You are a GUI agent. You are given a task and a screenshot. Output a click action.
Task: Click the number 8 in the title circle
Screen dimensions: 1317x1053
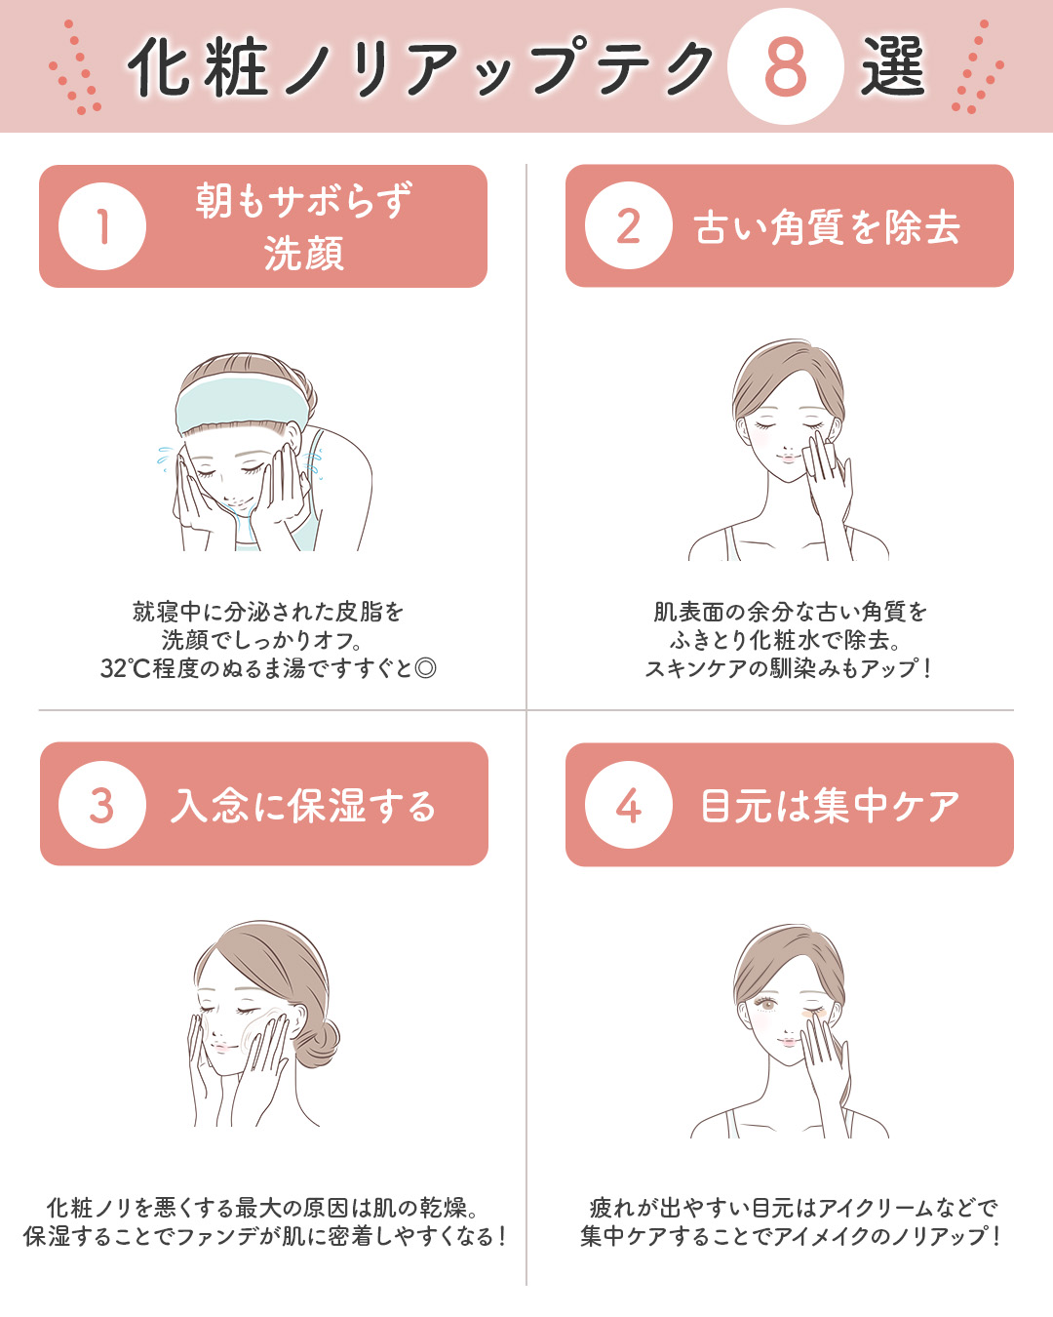pyautogui.click(x=785, y=66)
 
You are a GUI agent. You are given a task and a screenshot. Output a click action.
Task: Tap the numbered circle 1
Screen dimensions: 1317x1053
pyautogui.click(x=102, y=226)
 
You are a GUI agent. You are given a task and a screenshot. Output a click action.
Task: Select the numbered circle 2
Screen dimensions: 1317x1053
pyautogui.click(x=629, y=226)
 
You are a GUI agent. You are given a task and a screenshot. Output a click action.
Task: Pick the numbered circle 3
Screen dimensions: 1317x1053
pyautogui.click(x=102, y=805)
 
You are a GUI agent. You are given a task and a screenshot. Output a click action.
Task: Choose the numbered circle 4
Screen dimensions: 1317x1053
pyautogui.click(x=629, y=805)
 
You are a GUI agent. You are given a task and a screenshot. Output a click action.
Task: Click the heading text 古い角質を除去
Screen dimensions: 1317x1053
pyautogui.click(x=827, y=227)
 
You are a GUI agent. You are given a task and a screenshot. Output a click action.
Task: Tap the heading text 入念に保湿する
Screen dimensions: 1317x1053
pyautogui.click(x=303, y=806)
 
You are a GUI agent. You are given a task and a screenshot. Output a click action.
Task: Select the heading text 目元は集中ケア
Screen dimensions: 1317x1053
pyautogui.click(x=830, y=806)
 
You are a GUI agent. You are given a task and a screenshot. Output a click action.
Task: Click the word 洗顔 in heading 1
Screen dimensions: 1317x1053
pyautogui.click(x=303, y=254)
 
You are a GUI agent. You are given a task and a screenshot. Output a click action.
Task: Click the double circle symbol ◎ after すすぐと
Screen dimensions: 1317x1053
pyautogui.click(x=425, y=668)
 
